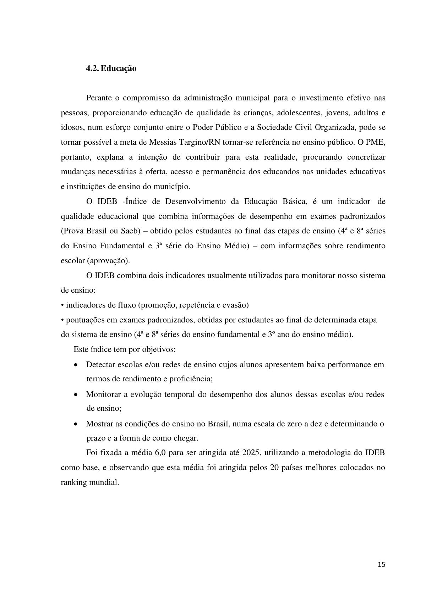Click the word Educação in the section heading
click(119, 68)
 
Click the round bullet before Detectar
click(76, 365)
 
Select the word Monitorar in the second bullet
click(103, 394)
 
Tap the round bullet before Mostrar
click(76, 424)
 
